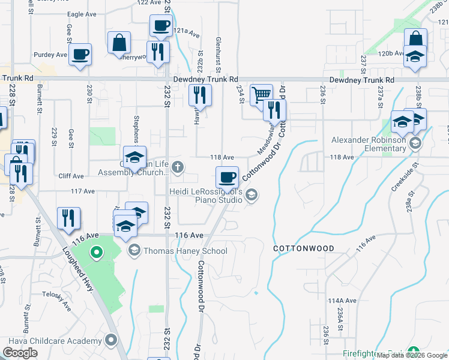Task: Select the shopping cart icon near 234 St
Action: click(x=261, y=94)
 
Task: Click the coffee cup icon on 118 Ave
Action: click(x=227, y=176)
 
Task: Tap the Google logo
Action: click(x=20, y=353)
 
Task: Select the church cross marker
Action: click(x=177, y=166)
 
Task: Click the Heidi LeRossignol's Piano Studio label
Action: click(x=206, y=196)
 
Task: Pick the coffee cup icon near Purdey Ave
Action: click(x=80, y=54)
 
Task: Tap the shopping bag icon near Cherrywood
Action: click(x=119, y=42)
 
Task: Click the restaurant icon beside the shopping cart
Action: click(x=275, y=110)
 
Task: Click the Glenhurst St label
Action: click(x=218, y=47)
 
